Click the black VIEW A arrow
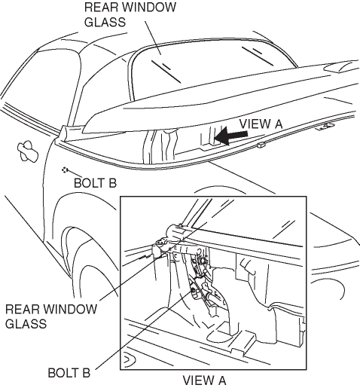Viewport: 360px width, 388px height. [x=231, y=136]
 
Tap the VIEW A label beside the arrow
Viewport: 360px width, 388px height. [x=261, y=124]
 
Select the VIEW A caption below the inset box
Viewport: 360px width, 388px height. [x=204, y=380]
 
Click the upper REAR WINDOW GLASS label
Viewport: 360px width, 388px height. [x=130, y=14]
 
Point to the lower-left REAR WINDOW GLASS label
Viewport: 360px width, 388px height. [x=51, y=316]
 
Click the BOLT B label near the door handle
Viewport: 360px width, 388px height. [x=95, y=183]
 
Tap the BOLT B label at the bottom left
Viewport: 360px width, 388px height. [x=69, y=373]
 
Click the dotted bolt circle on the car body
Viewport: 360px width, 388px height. [x=65, y=170]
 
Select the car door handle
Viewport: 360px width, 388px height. [x=28, y=151]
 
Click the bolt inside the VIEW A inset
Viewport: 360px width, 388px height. [x=194, y=291]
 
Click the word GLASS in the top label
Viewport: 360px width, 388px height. [x=105, y=22]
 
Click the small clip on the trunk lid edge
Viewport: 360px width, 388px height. [x=261, y=145]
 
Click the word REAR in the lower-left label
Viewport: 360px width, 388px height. [x=20, y=309]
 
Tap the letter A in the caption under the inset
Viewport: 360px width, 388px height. [x=221, y=380]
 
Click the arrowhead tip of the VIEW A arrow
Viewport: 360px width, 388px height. [x=215, y=137]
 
